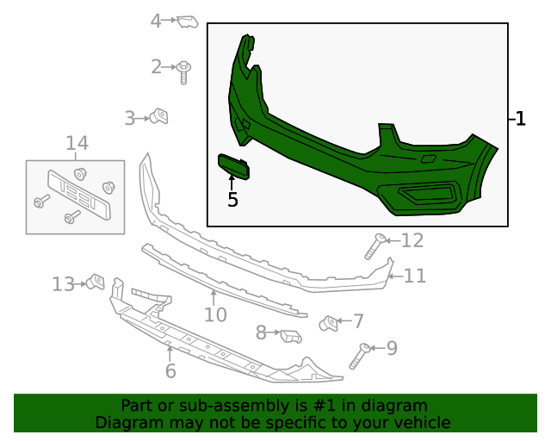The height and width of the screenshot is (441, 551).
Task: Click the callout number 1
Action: [520, 120]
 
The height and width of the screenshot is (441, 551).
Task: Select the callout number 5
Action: [232, 200]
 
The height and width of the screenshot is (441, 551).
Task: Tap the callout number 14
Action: [77, 144]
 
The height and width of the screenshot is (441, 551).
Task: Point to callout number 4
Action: [156, 21]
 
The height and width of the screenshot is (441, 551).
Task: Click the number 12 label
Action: [412, 240]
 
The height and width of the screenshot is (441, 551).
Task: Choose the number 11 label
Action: [415, 276]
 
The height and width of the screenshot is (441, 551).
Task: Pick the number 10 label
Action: [215, 314]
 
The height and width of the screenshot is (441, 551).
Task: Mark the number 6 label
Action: [170, 371]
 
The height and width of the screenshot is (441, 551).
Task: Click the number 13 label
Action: [64, 284]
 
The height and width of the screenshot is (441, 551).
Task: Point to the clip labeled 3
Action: [158, 116]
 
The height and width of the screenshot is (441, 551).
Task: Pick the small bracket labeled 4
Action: [188, 22]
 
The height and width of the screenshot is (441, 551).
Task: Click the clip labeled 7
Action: [328, 323]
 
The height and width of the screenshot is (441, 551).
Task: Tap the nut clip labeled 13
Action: [96, 282]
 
